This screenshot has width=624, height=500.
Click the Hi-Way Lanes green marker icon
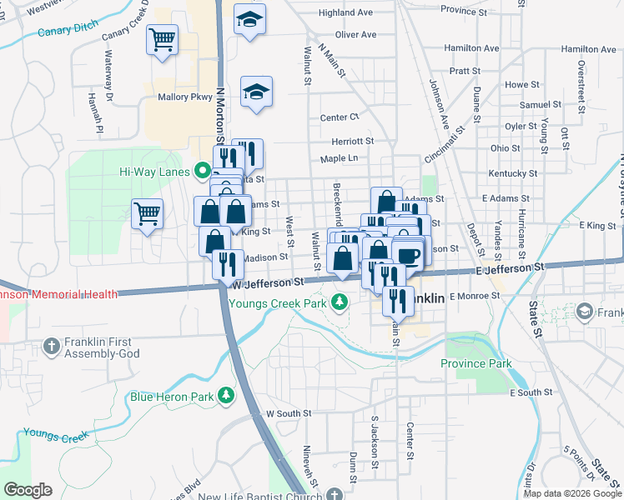[x=202, y=172]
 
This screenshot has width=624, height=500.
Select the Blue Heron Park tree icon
[x=224, y=396]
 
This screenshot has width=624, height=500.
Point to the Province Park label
[x=476, y=363]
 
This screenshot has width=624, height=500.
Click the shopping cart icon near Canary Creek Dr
[x=162, y=38]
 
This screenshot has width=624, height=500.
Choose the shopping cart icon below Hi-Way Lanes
[x=147, y=213]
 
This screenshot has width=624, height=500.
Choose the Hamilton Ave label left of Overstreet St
[x=471, y=48]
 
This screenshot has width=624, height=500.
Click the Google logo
[x=28, y=489]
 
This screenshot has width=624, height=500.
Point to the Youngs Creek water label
[x=55, y=434]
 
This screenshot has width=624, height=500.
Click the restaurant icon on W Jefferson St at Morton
[x=227, y=264]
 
